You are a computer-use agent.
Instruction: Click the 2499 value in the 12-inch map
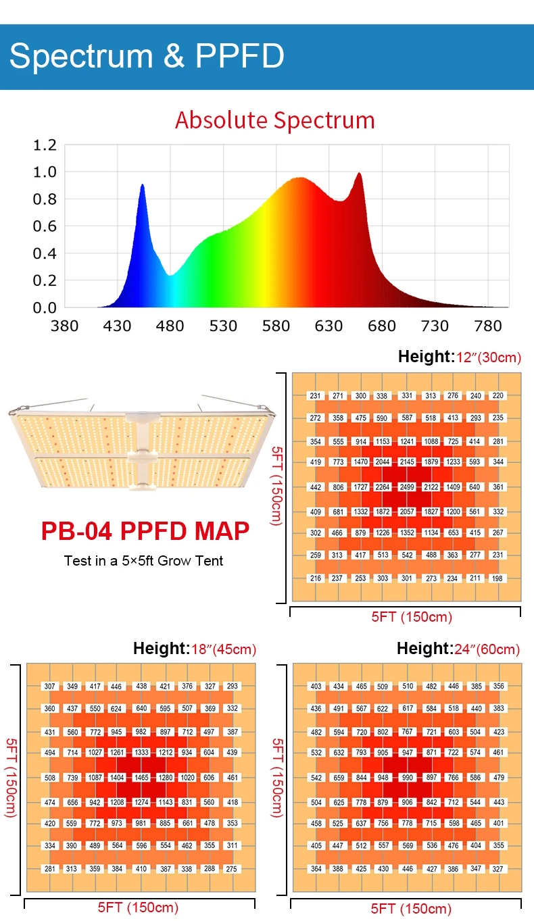407,487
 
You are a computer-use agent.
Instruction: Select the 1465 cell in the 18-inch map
141,778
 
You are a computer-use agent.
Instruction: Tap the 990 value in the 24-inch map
408,778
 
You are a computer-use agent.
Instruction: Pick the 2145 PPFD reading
407,462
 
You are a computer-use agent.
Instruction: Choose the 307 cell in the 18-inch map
50,687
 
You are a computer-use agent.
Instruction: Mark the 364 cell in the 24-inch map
316,868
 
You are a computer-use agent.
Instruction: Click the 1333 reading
141,752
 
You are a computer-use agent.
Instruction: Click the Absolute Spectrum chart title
274,120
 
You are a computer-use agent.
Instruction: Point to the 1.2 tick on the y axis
45,145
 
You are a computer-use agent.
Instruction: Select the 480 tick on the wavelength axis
170,326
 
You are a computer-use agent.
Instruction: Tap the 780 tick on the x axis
487,326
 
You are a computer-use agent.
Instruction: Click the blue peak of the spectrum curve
142,185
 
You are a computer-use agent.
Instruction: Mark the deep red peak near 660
359,174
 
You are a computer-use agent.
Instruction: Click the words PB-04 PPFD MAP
145,531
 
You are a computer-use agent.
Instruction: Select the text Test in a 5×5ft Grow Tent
143,560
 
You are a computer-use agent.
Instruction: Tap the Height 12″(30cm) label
459,357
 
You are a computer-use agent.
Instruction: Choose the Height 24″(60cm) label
458,649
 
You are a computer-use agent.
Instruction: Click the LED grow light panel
143,446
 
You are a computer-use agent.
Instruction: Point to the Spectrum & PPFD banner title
147,56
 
